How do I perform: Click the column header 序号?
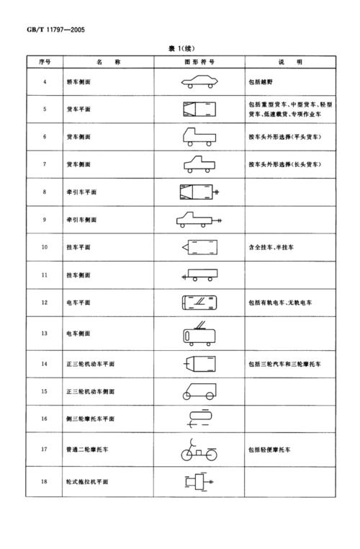(x=45, y=63)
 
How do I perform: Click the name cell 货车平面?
(x=79, y=110)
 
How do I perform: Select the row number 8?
(x=45, y=192)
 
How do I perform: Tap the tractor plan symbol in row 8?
(x=199, y=192)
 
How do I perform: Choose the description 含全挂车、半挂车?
(x=271, y=246)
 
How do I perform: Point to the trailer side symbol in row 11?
(x=199, y=274)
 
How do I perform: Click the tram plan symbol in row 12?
(x=198, y=303)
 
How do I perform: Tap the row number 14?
(x=45, y=364)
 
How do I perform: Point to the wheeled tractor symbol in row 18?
(x=197, y=481)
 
